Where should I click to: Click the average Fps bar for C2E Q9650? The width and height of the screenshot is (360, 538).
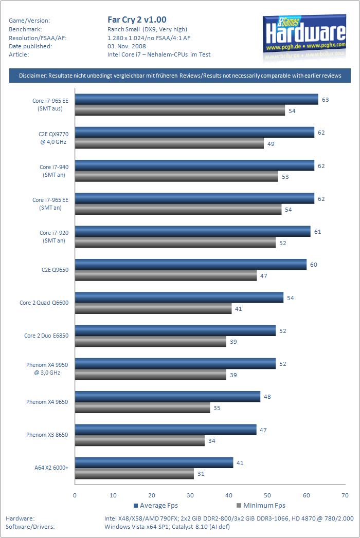coord(191,265)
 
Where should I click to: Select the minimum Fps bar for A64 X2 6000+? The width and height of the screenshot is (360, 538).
coord(135,474)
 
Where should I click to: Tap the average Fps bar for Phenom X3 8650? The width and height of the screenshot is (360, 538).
coord(166,430)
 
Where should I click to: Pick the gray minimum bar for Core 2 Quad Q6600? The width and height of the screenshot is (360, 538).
coord(153,309)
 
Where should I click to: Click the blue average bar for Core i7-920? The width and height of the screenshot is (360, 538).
coord(193,232)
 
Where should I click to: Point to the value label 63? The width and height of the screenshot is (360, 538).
coord(326,100)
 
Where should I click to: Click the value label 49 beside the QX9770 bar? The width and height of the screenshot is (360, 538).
coord(271,144)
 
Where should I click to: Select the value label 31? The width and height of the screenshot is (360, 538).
coord(201,474)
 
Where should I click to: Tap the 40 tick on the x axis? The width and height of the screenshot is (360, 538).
coord(229,495)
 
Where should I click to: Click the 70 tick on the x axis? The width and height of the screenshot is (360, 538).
coord(345,495)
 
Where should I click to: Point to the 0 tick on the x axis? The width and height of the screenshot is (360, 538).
coord(75,495)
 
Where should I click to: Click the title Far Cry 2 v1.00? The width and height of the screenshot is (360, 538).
coord(137,20)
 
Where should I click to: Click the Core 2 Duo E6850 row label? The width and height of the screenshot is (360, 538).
coord(46,336)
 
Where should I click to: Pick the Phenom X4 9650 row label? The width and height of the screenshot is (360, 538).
coord(47,402)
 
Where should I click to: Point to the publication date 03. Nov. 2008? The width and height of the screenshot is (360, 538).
coord(127,46)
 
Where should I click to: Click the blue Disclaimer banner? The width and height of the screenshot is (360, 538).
coord(180,76)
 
